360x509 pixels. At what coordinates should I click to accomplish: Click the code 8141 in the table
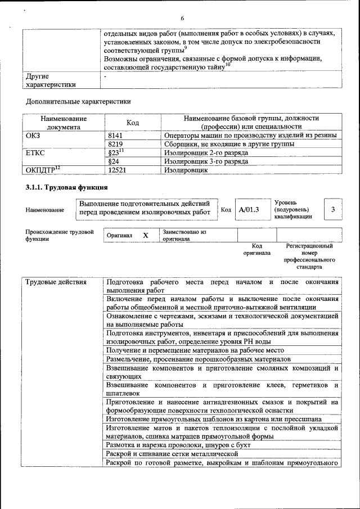tap(115, 136)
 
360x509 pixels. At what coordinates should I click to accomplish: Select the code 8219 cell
tap(115, 144)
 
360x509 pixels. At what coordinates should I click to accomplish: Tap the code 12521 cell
tap(117, 169)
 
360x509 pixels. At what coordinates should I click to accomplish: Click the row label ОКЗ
tap(34, 136)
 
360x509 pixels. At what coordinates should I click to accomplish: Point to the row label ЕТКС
tap(35, 152)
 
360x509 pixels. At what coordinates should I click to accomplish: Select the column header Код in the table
tap(133, 123)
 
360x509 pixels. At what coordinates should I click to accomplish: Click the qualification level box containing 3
tap(333, 210)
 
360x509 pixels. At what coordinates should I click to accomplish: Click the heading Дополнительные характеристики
tap(78, 102)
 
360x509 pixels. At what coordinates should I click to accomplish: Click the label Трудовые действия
tap(56, 282)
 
